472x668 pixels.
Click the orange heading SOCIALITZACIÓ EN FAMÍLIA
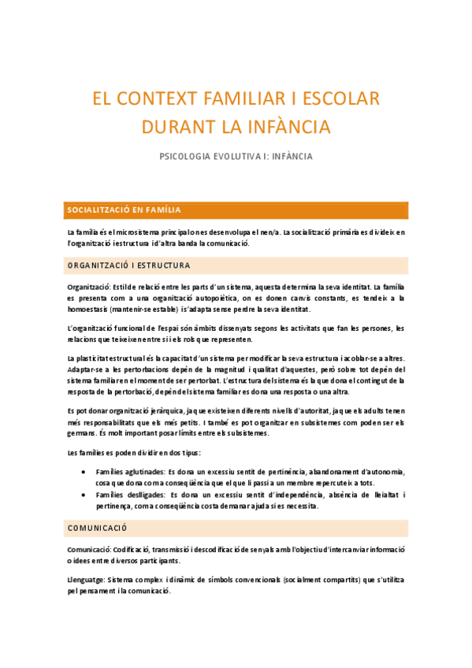[125, 210]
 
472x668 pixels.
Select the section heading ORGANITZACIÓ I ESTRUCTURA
[128, 265]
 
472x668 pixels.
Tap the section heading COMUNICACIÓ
[98, 528]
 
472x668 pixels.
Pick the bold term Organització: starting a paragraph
[89, 287]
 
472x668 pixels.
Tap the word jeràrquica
[163, 411]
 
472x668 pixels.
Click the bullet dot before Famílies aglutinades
[84, 471]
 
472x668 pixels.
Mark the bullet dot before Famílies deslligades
[84, 495]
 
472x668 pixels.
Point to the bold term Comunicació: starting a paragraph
[88, 549]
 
